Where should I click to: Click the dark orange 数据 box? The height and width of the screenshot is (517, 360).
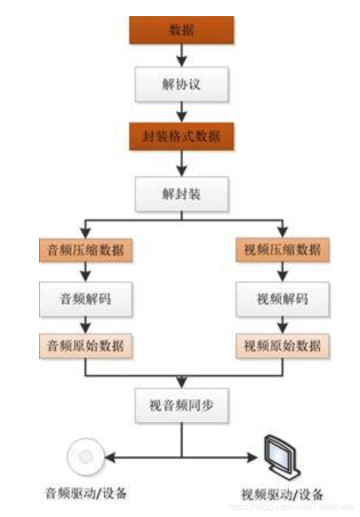[182, 30]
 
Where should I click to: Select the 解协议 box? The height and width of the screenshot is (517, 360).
[182, 84]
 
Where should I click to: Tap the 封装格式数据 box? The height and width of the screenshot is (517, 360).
[182, 137]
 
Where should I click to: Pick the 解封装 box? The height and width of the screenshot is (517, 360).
[182, 194]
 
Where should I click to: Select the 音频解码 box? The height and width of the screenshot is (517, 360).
[85, 299]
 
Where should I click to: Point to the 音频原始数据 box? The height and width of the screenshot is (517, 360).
[85, 346]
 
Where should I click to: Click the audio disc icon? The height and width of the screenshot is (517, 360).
[83, 456]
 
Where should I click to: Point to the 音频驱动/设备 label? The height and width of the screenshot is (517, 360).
[85, 492]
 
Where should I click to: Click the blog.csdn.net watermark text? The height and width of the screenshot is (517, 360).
[291, 507]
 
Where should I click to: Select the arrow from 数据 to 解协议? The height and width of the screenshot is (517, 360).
[182, 56]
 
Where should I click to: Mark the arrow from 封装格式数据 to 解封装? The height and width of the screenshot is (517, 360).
[182, 164]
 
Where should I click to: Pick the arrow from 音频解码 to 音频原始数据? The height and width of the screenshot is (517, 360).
[85, 325]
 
